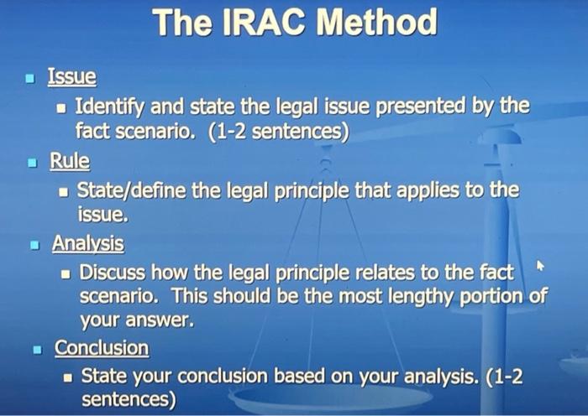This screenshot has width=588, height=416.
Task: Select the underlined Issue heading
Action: click(71, 78)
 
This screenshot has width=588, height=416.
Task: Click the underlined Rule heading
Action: click(70, 160)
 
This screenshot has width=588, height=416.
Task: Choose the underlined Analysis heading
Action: click(87, 243)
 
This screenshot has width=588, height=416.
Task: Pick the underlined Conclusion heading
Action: click(101, 347)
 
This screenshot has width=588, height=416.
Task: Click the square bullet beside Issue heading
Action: click(30, 81)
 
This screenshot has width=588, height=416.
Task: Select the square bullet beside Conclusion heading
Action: click(36, 349)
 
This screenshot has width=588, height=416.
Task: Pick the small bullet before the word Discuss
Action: click(68, 274)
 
